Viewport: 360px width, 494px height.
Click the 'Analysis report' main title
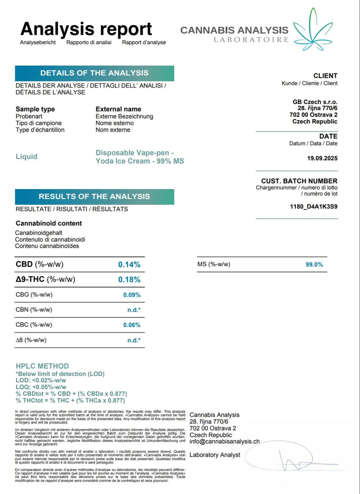pyautogui.click(x=86, y=29)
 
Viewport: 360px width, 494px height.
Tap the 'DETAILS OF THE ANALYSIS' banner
pyautogui.click(x=94, y=73)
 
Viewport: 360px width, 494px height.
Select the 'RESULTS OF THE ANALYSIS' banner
pyautogui.click(x=94, y=196)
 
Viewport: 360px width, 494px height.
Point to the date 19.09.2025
pyautogui.click(x=322, y=159)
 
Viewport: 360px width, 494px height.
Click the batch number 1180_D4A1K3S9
pyautogui.click(x=314, y=207)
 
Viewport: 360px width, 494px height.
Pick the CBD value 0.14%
pyautogui.click(x=129, y=265)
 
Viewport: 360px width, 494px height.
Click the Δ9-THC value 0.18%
pyautogui.click(x=129, y=280)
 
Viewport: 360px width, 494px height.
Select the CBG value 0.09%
pyautogui.click(x=132, y=295)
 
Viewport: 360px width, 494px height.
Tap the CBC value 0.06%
pyautogui.click(x=132, y=325)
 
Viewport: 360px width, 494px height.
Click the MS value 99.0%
pyautogui.click(x=314, y=265)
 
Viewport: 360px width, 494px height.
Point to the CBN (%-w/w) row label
pyautogui.click(x=34, y=310)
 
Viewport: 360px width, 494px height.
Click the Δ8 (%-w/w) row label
pyautogui.click(x=31, y=340)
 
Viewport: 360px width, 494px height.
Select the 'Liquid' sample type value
pyautogui.click(x=27, y=157)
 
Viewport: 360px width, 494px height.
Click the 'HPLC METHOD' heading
pyautogui.click(x=42, y=366)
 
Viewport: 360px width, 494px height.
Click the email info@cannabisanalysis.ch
pyautogui.click(x=225, y=442)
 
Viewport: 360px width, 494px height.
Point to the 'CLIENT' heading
pyautogui.click(x=325, y=76)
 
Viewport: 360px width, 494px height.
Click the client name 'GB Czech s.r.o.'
pyautogui.click(x=315, y=102)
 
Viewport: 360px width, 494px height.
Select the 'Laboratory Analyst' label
pyautogui.click(x=215, y=455)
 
